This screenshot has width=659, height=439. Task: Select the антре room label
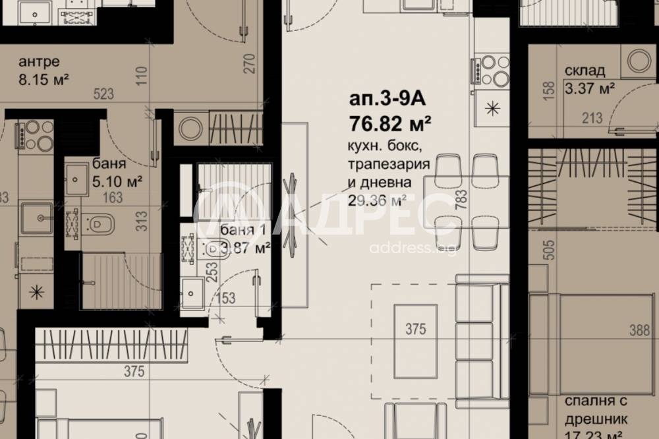[39, 63]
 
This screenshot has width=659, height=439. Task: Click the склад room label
[585, 71]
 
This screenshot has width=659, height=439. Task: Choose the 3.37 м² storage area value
[590, 88]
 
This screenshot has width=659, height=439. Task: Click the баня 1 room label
[244, 231]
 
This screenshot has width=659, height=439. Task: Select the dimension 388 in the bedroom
[639, 331]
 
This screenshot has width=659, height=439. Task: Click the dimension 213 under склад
[592, 119]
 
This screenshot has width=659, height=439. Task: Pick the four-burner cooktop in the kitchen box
[490, 70]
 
